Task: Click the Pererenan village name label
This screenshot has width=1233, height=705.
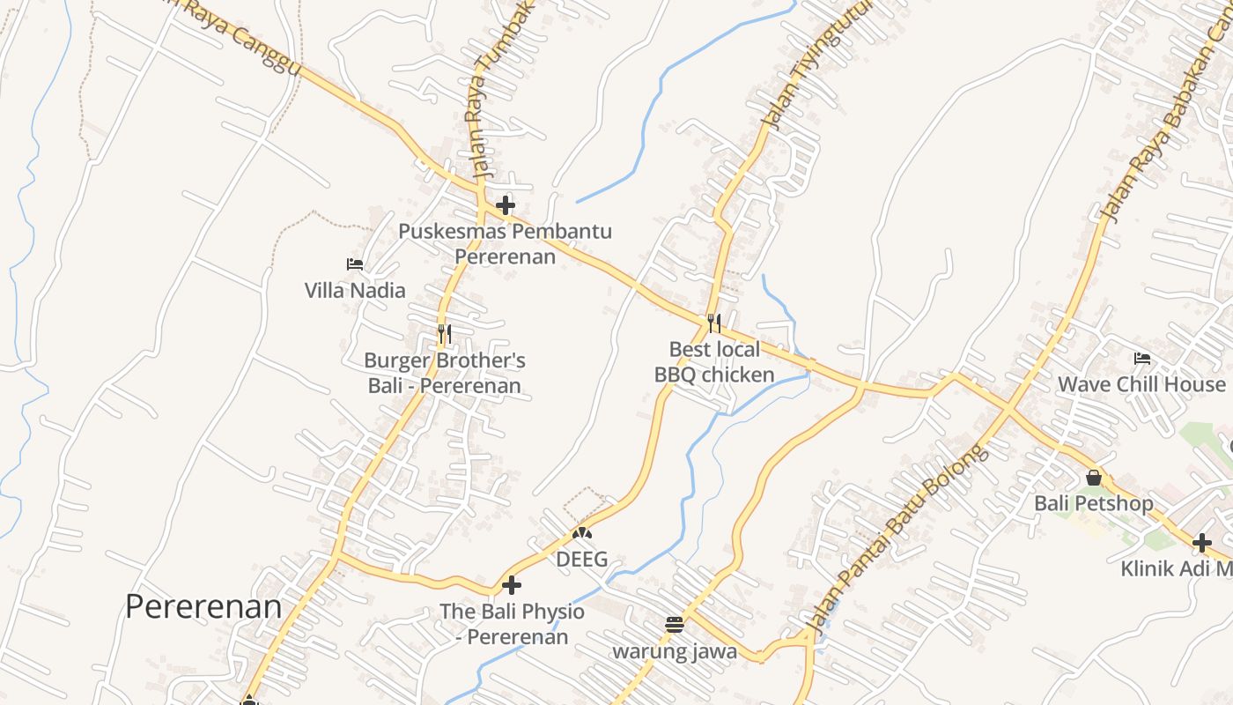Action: pos(203,606)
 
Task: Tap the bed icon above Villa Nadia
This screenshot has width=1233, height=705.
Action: pos(355,263)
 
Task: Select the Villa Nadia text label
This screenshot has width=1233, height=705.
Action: pos(355,290)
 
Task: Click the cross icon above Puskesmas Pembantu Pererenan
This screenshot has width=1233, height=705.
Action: pos(505,206)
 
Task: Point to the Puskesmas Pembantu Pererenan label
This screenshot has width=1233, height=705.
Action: pos(505,244)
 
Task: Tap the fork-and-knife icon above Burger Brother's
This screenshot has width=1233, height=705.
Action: pos(445,334)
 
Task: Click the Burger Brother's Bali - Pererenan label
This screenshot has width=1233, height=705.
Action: pos(445,373)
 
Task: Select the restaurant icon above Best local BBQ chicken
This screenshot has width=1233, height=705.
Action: pos(714,323)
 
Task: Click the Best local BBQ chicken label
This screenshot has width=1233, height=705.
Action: pos(714,362)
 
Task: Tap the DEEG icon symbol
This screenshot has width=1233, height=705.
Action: pos(581,533)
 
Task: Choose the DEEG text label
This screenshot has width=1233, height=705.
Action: pos(581,560)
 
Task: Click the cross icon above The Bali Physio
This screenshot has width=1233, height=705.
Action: pos(511,585)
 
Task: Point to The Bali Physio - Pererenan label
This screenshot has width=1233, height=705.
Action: pos(512,624)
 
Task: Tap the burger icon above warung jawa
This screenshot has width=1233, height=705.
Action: pos(675,626)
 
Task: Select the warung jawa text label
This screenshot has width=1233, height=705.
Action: pos(675,652)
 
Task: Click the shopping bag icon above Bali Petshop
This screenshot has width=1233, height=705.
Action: pos(1093,478)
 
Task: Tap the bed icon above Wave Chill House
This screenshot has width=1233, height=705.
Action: pos(1142,358)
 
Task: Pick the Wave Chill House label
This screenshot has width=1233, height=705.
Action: pos(1141,384)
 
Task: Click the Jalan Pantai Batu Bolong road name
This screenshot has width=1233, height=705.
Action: pos(898,542)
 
